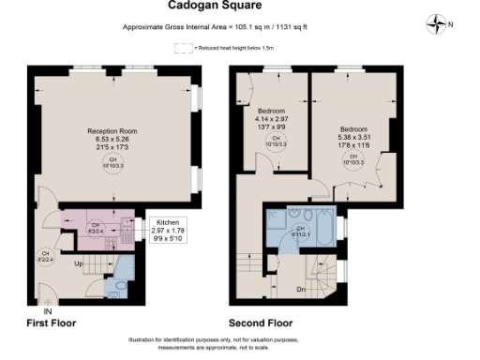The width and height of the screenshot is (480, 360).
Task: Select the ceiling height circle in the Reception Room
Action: click(113, 162)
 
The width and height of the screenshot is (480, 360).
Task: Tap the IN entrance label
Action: click(46, 310)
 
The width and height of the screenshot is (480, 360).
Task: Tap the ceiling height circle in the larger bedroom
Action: click(354, 159)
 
